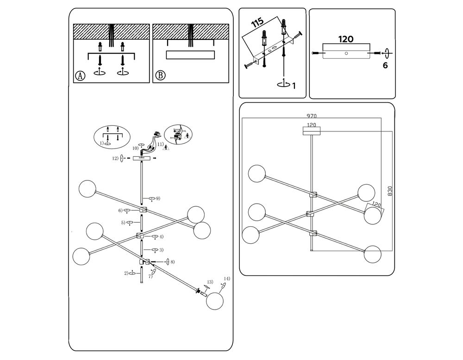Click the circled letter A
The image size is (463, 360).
click(x=81, y=75)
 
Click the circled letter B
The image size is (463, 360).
click(x=160, y=75)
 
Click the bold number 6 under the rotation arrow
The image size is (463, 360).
click(x=385, y=65)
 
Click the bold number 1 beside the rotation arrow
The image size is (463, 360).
click(x=294, y=86)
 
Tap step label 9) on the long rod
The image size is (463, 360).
click(x=157, y=199)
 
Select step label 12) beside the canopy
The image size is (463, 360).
click(x=114, y=159)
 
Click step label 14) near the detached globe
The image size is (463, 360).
click(x=226, y=279)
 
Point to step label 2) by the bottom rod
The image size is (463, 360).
click(x=126, y=273)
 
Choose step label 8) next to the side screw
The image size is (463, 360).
click(x=172, y=262)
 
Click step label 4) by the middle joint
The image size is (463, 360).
click(x=161, y=237)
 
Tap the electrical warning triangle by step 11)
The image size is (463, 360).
click(x=166, y=149)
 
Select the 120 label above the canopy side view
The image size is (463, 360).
click(x=346, y=39)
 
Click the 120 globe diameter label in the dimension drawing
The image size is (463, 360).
click(x=376, y=204)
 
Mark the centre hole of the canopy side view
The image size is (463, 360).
click(x=346, y=54)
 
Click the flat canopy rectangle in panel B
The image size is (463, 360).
click(x=190, y=55)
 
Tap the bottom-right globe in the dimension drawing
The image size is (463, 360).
click(x=372, y=254)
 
